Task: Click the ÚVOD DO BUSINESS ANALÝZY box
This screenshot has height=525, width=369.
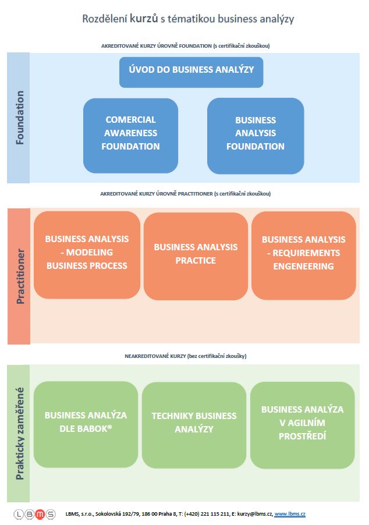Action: pos(191,72)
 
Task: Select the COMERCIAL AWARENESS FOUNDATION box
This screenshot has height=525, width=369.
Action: pos(130,136)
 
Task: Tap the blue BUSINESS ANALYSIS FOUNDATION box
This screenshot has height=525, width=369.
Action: pos(256,136)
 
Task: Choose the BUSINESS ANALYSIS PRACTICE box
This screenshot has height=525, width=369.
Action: pos(196,256)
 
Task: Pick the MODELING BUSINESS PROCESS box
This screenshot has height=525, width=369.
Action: pos(87,255)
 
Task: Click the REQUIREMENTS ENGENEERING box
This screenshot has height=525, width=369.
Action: pos(304,256)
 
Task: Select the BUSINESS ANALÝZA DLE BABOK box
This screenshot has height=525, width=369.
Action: pos(86,424)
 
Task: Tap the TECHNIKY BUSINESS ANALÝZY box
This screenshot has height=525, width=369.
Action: pos(194,425)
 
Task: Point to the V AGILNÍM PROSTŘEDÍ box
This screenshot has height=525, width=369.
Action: pos(303,425)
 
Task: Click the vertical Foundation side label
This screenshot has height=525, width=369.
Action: pos(20,118)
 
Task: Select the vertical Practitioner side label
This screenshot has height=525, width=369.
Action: pos(20,276)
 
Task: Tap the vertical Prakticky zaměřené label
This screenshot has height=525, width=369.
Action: pos(20,433)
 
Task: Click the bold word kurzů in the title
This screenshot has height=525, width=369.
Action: pos(144,18)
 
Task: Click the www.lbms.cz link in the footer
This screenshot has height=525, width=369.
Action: pos(290,514)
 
